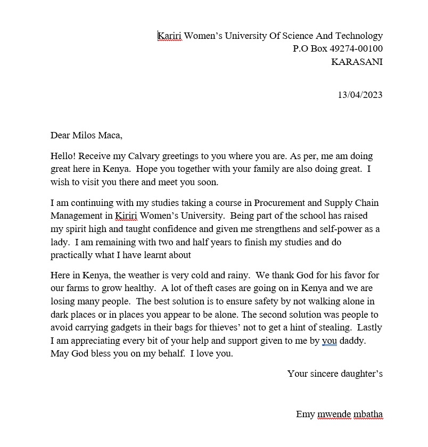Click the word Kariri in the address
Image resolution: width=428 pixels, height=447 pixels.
click(x=170, y=36)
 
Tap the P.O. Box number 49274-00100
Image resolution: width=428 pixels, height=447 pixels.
click(x=356, y=49)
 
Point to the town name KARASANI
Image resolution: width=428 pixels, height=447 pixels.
click(x=357, y=62)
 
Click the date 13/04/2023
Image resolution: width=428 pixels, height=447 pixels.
click(x=360, y=95)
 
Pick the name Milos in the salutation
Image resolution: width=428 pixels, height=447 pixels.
click(x=87, y=135)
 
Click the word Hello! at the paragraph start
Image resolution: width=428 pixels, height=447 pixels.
click(x=63, y=156)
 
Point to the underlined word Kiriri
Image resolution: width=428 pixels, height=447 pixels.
click(x=126, y=216)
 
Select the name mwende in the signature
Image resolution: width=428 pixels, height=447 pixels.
click(x=334, y=415)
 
